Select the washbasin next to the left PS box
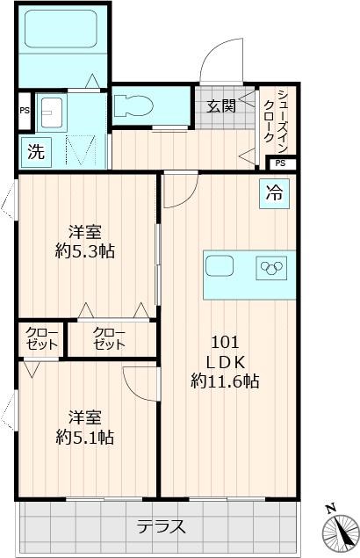(x=54, y=112)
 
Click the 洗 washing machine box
(x=36, y=150)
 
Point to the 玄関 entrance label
(x=220, y=106)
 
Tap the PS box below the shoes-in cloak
(x=279, y=163)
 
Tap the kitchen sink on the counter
(x=220, y=265)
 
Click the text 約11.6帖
(x=224, y=381)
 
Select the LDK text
(x=224, y=362)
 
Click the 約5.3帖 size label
(x=84, y=251)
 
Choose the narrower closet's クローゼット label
(x=41, y=338)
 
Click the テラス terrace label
(x=161, y=527)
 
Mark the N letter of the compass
(x=330, y=509)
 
